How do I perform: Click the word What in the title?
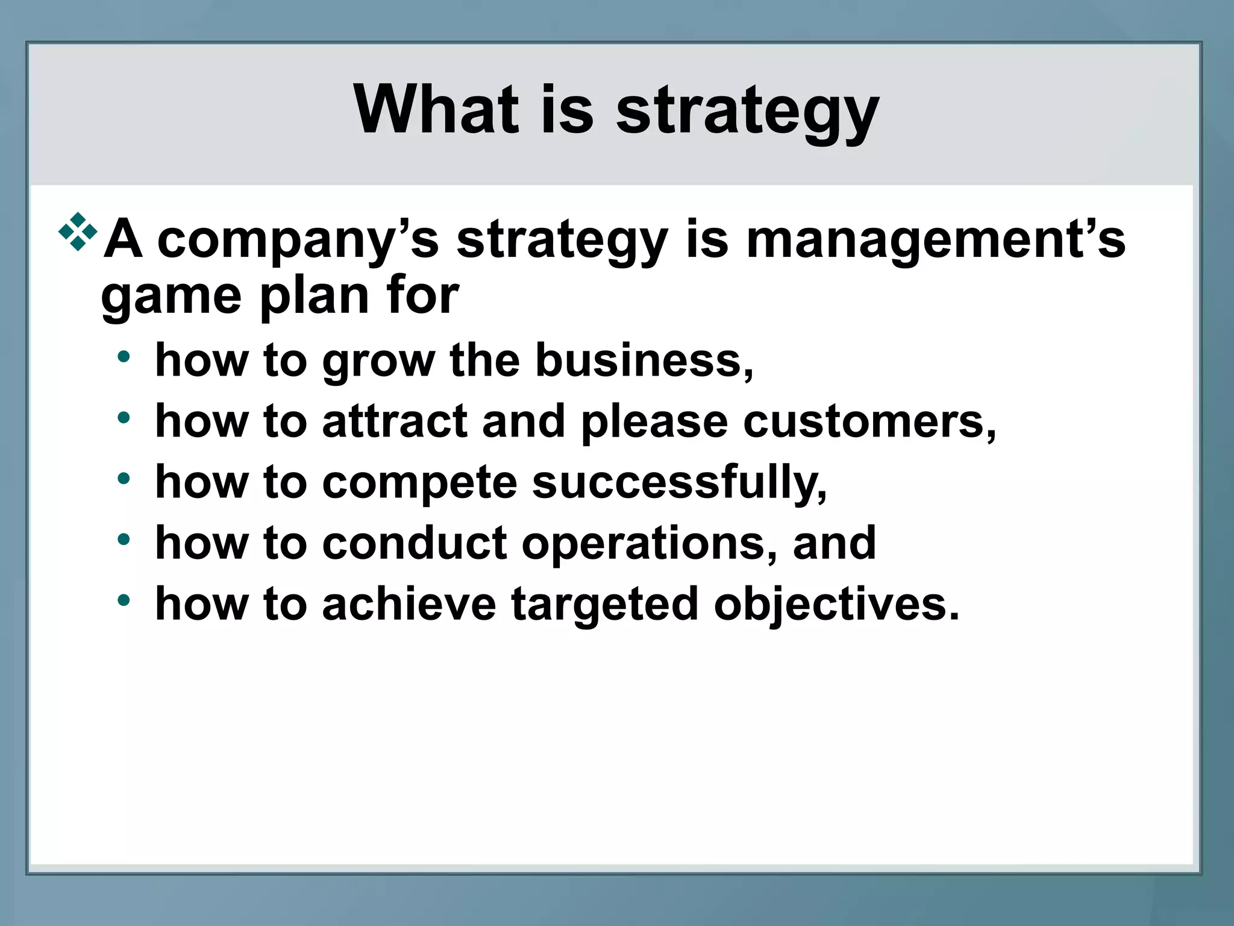[x=436, y=109]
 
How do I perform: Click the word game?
[x=171, y=297]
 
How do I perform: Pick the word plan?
[x=314, y=297]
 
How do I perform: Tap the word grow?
[x=378, y=362]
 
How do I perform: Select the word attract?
[x=395, y=421]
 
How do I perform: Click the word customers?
[x=868, y=421]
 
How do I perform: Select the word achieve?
[x=409, y=604]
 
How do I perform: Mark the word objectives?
[x=836, y=605]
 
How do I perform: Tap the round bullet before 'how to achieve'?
[x=124, y=600]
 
